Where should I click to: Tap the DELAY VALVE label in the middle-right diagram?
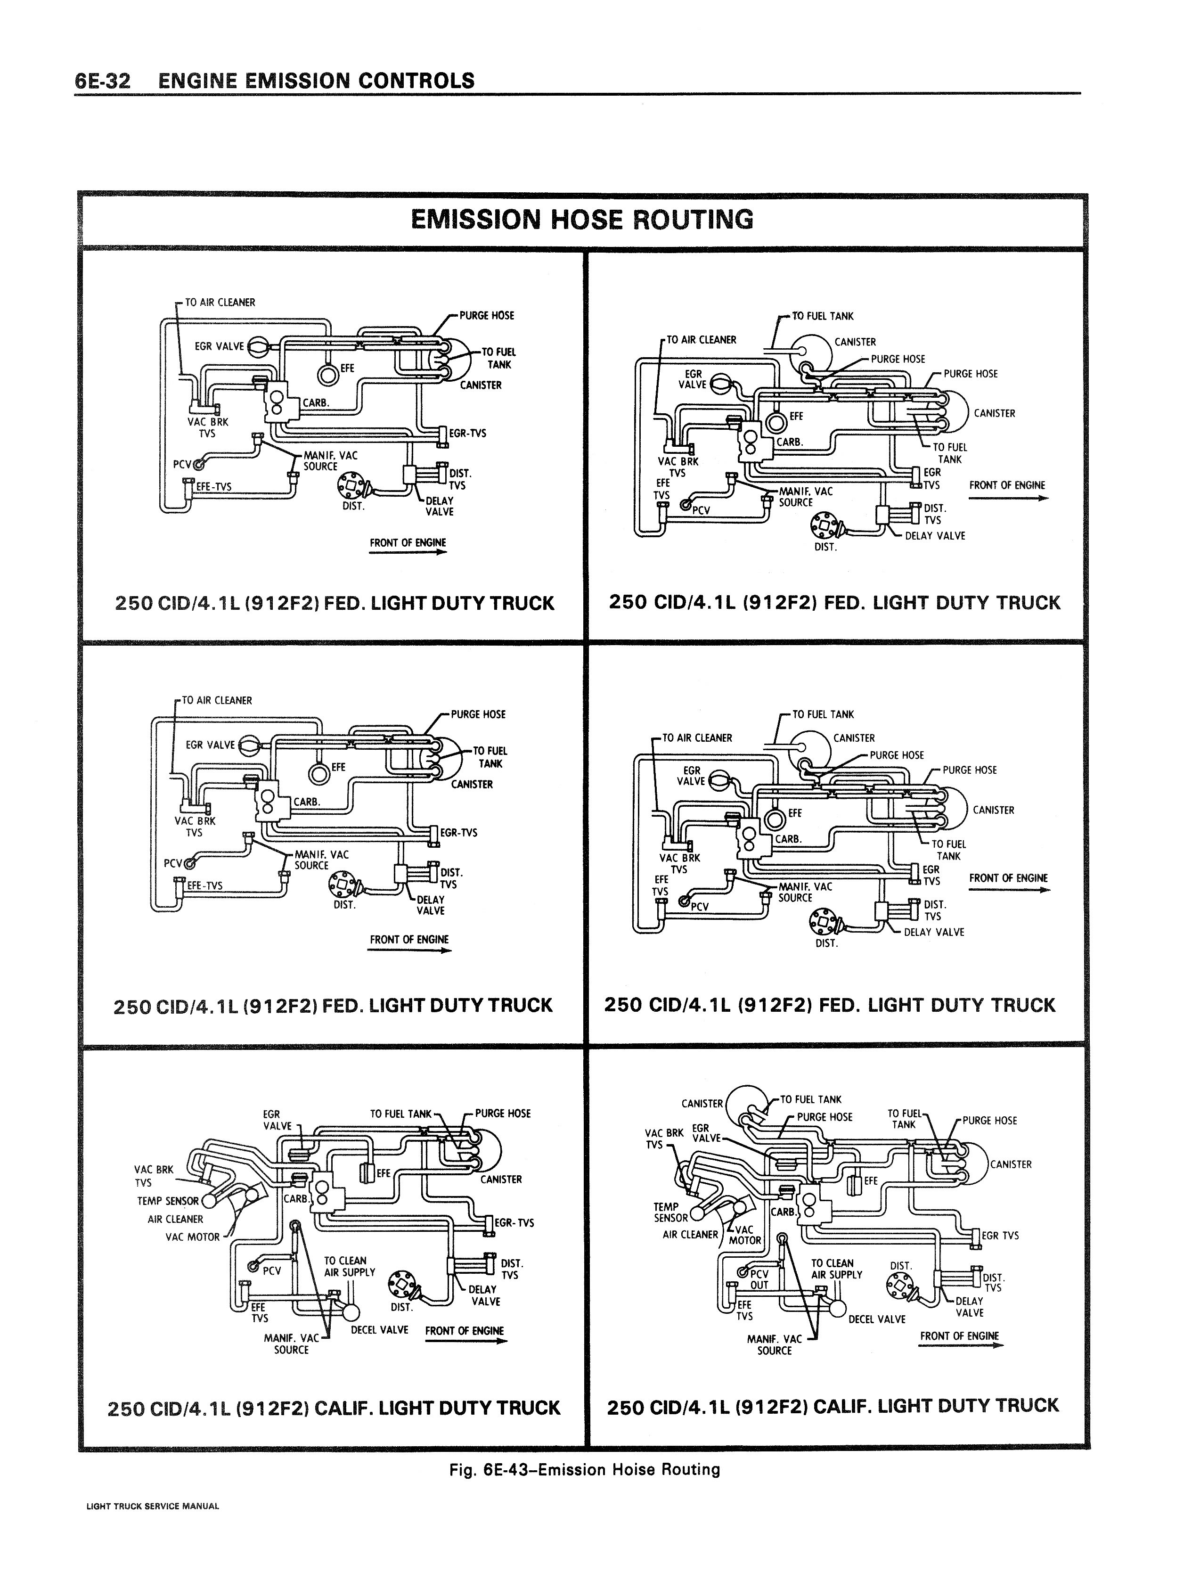point(934,932)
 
